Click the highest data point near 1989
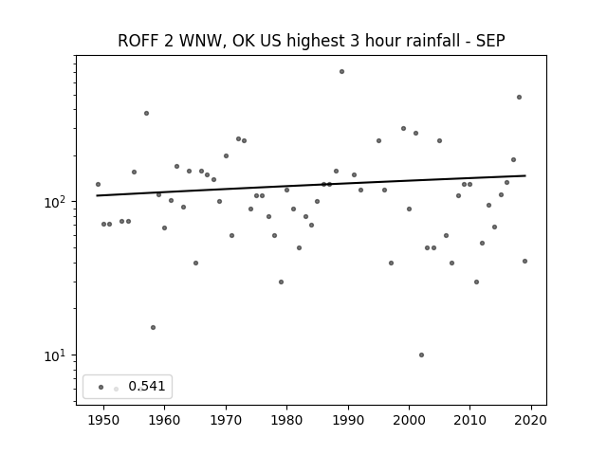[341, 72]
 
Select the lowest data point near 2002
[421, 355]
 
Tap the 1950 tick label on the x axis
[103, 420]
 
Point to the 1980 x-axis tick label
[286, 420]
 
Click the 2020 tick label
[531, 420]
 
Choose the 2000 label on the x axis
[409, 420]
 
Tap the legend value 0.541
[147, 386]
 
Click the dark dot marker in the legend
[101, 387]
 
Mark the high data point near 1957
[146, 114]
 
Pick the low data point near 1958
[153, 327]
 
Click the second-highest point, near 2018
[519, 97]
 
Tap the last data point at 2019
[524, 262]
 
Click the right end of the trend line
[525, 175]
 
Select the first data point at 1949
[98, 184]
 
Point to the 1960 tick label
[164, 420]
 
